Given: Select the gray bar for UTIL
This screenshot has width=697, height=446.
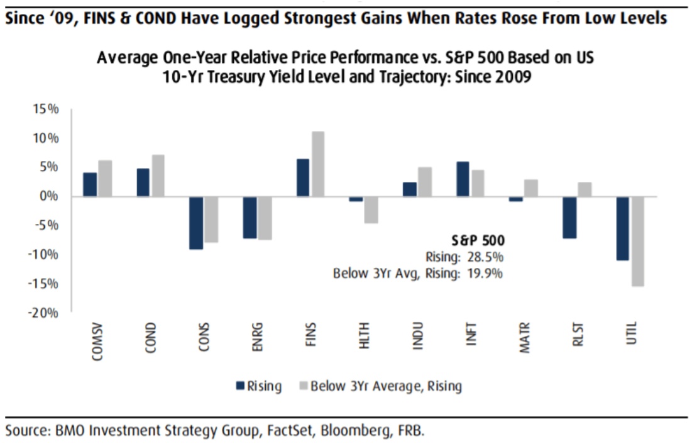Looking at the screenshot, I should point(637,242).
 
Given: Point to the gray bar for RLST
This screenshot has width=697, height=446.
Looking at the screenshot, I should point(584,189).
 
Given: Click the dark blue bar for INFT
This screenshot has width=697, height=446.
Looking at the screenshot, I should point(463,179).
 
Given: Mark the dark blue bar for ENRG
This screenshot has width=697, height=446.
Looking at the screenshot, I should point(250,218).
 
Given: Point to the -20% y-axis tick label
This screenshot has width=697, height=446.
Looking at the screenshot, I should point(44,313).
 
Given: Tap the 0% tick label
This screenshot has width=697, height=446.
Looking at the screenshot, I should point(50,196).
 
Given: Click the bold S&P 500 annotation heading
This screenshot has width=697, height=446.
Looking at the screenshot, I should point(478,240).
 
